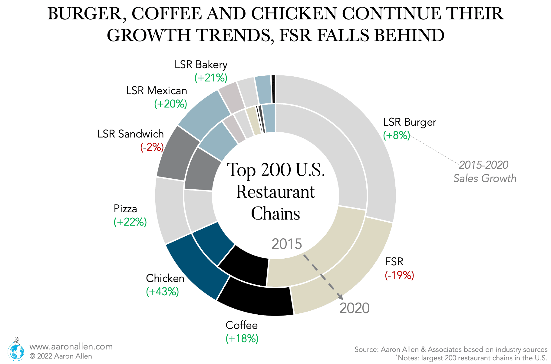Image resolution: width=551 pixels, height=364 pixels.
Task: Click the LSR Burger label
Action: click(409, 122)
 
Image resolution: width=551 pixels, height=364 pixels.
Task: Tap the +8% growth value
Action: click(396, 135)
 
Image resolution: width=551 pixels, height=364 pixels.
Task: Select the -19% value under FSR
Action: click(399, 275)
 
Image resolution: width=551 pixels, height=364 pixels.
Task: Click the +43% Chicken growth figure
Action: click(162, 292)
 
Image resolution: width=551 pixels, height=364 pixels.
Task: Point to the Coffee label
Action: click(242, 325)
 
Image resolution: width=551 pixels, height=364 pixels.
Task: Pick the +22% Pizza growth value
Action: click(130, 222)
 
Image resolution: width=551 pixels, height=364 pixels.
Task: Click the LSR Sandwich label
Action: click(130, 134)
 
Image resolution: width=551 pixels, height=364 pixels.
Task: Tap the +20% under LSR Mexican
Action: click(170, 104)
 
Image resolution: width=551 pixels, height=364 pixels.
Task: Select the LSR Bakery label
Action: click(201, 65)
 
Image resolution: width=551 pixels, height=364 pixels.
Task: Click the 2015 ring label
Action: click(286, 244)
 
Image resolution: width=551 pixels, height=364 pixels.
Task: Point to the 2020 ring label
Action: click(354, 308)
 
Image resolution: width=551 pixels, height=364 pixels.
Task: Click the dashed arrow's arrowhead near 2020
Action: click(340, 297)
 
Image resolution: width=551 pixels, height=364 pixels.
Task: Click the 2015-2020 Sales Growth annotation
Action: click(484, 172)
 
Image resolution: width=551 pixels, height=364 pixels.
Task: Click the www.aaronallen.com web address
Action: click(71, 347)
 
